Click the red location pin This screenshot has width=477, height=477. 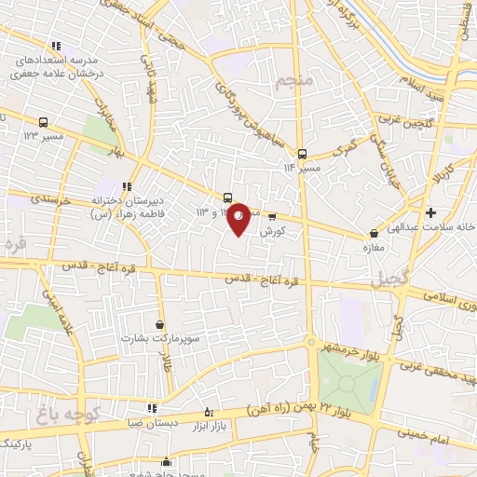pos(239,218)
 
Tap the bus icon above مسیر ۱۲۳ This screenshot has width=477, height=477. pos(44,122)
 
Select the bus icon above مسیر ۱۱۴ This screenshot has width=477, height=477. pos(301,154)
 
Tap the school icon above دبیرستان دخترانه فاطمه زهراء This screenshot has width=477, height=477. pos(127,185)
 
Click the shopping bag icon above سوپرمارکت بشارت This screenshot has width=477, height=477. pos(160,323)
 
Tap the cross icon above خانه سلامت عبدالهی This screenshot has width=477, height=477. pos(429,212)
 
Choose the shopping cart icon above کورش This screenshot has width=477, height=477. pos(271,216)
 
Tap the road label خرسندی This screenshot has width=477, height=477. pos(33,198)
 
